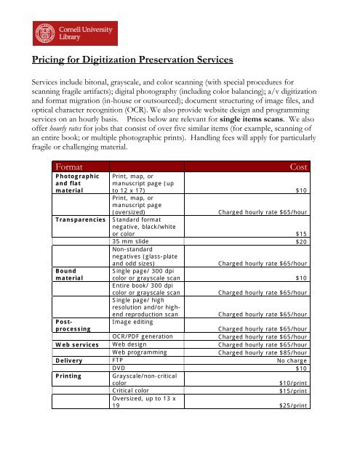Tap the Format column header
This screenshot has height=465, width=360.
pyautogui.click(x=69, y=167)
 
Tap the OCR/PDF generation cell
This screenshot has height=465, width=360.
pyautogui.click(x=143, y=336)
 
